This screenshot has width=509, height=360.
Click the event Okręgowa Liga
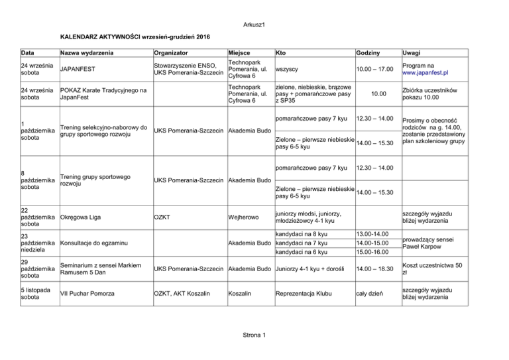(85, 216)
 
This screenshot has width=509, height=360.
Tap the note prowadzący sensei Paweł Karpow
(431, 243)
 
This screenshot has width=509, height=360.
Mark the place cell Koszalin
(241, 292)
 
